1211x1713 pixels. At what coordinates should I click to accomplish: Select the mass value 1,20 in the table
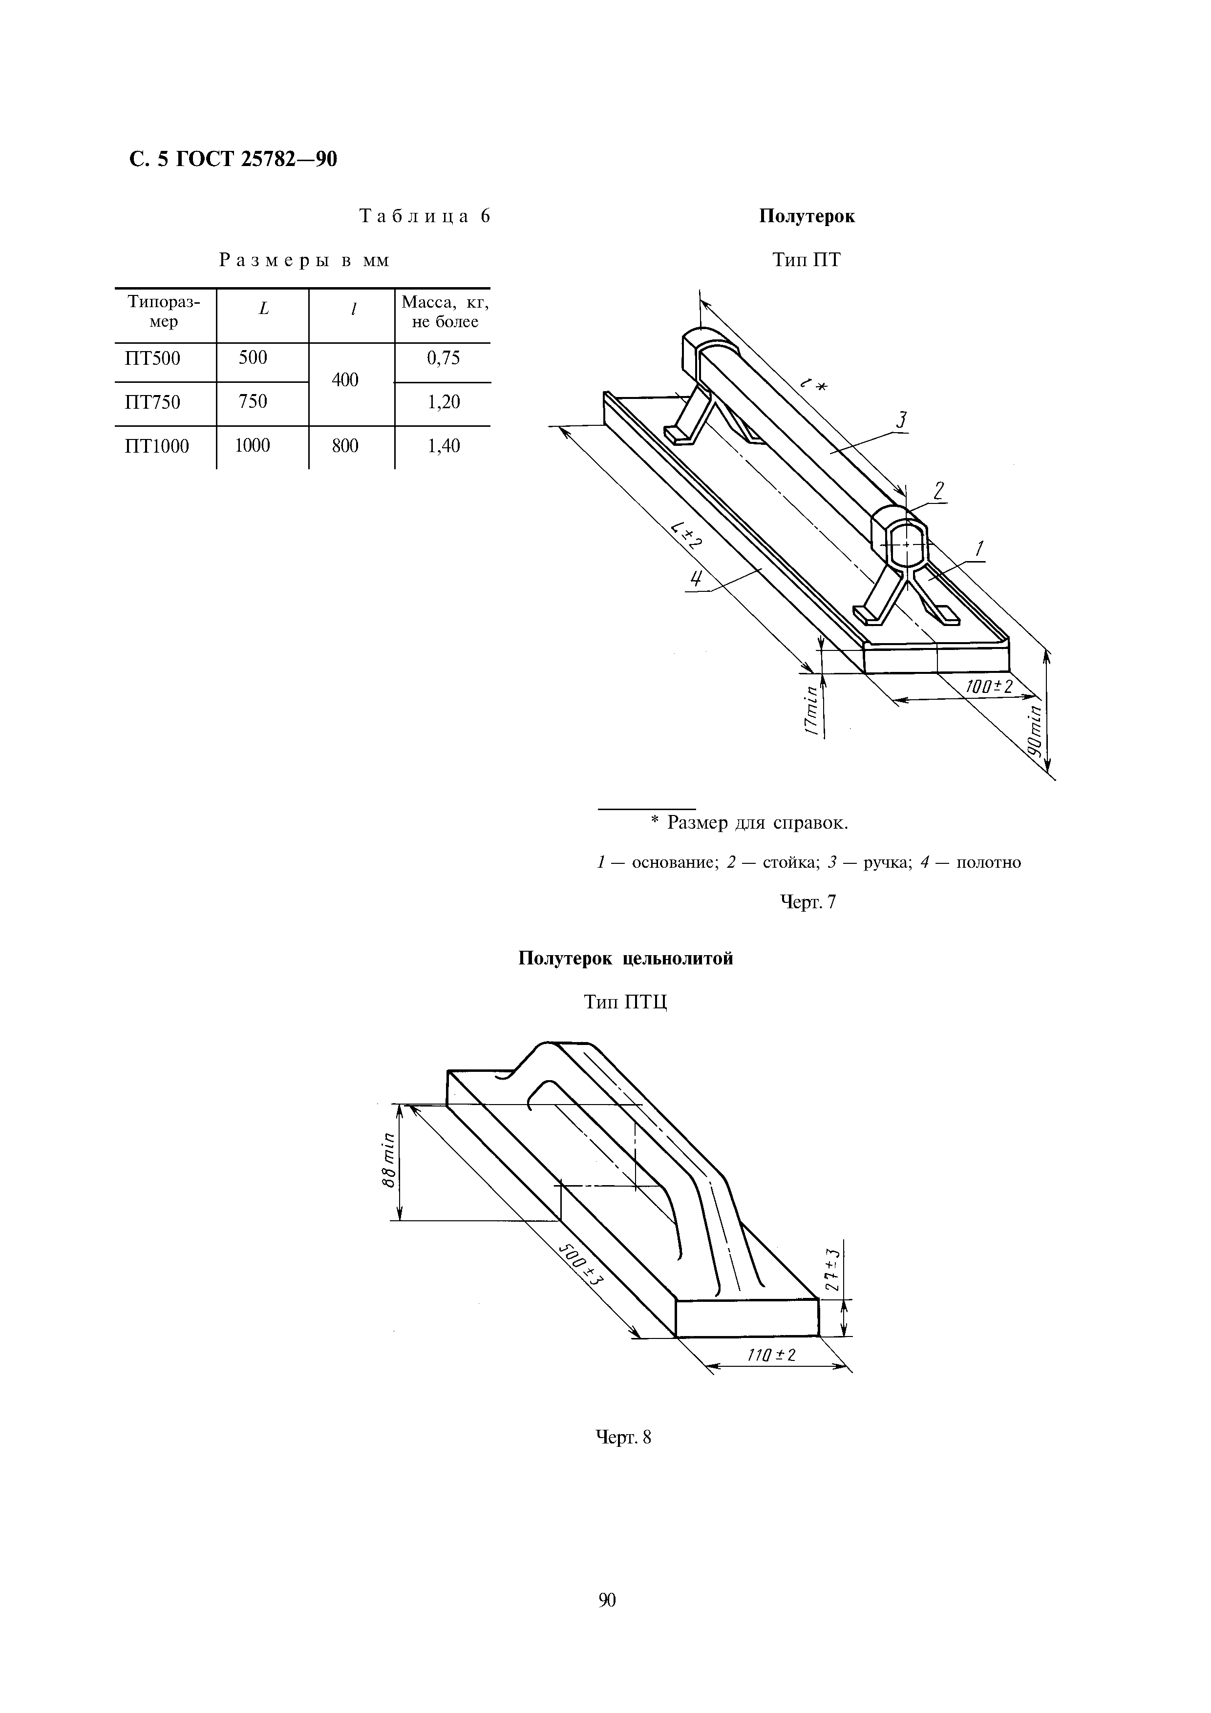pyautogui.click(x=443, y=402)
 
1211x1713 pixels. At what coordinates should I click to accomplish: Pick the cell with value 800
pyautogui.click(x=345, y=446)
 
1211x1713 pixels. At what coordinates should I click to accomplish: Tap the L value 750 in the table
pyautogui.click(x=253, y=402)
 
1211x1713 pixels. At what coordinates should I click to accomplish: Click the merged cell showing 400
pyautogui.click(x=345, y=380)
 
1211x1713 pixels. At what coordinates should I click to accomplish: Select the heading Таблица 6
pyautogui.click(x=425, y=216)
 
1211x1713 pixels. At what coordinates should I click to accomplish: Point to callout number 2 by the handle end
pyautogui.click(x=938, y=491)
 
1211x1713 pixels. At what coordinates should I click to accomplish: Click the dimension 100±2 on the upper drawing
pyautogui.click(x=989, y=687)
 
